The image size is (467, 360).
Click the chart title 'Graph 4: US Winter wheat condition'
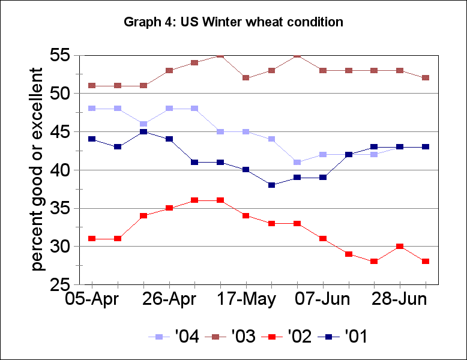click(x=233, y=23)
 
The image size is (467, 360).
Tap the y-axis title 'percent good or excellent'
click(x=37, y=169)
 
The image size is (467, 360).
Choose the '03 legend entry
click(x=231, y=337)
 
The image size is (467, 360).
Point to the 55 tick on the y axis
click(x=62, y=55)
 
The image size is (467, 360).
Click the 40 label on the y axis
click(x=62, y=170)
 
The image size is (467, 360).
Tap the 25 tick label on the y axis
click(x=62, y=284)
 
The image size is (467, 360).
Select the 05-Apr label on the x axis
click(x=91, y=299)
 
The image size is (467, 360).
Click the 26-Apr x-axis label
click(x=169, y=299)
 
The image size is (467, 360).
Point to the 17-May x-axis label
click(x=246, y=299)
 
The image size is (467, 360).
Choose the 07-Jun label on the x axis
click(x=324, y=299)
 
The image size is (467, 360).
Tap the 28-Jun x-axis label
click(x=400, y=299)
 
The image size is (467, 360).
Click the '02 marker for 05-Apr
click(x=92, y=238)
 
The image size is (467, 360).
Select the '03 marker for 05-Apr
click(x=92, y=85)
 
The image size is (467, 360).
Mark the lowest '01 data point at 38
click(x=271, y=185)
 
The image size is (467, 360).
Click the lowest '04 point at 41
click(x=297, y=162)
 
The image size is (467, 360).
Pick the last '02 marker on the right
click(x=426, y=261)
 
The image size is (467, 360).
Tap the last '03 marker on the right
click(x=426, y=78)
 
